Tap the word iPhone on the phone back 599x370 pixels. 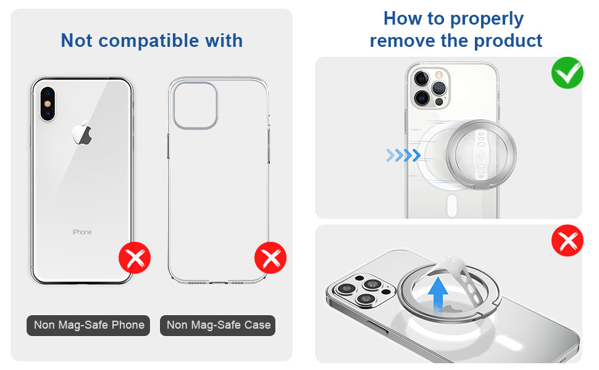tap(82, 232)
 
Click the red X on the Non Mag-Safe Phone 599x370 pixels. tap(135, 258)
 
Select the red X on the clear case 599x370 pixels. tap(270, 258)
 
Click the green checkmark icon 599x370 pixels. tap(567, 73)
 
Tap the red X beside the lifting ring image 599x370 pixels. tap(567, 240)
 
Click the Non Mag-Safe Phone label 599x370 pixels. tap(89, 325)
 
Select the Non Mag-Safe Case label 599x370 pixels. tap(219, 325)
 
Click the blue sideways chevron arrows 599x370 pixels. tap(403, 155)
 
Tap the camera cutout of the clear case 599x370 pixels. tap(195, 104)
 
